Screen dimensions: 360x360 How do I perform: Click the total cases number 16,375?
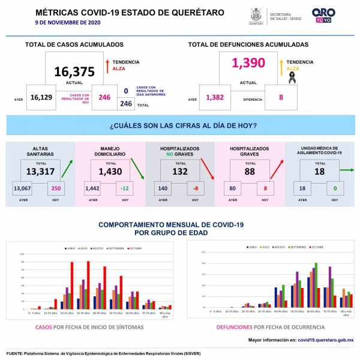(74, 72)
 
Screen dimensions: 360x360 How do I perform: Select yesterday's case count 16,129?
(41, 97)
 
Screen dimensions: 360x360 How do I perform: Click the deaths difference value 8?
(281, 97)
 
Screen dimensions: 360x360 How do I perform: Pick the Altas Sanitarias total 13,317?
(41, 172)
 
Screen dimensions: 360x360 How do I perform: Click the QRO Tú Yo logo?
(324, 15)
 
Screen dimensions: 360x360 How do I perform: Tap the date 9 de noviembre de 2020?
(67, 22)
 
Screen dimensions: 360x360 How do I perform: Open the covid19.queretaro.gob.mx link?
(325, 340)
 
